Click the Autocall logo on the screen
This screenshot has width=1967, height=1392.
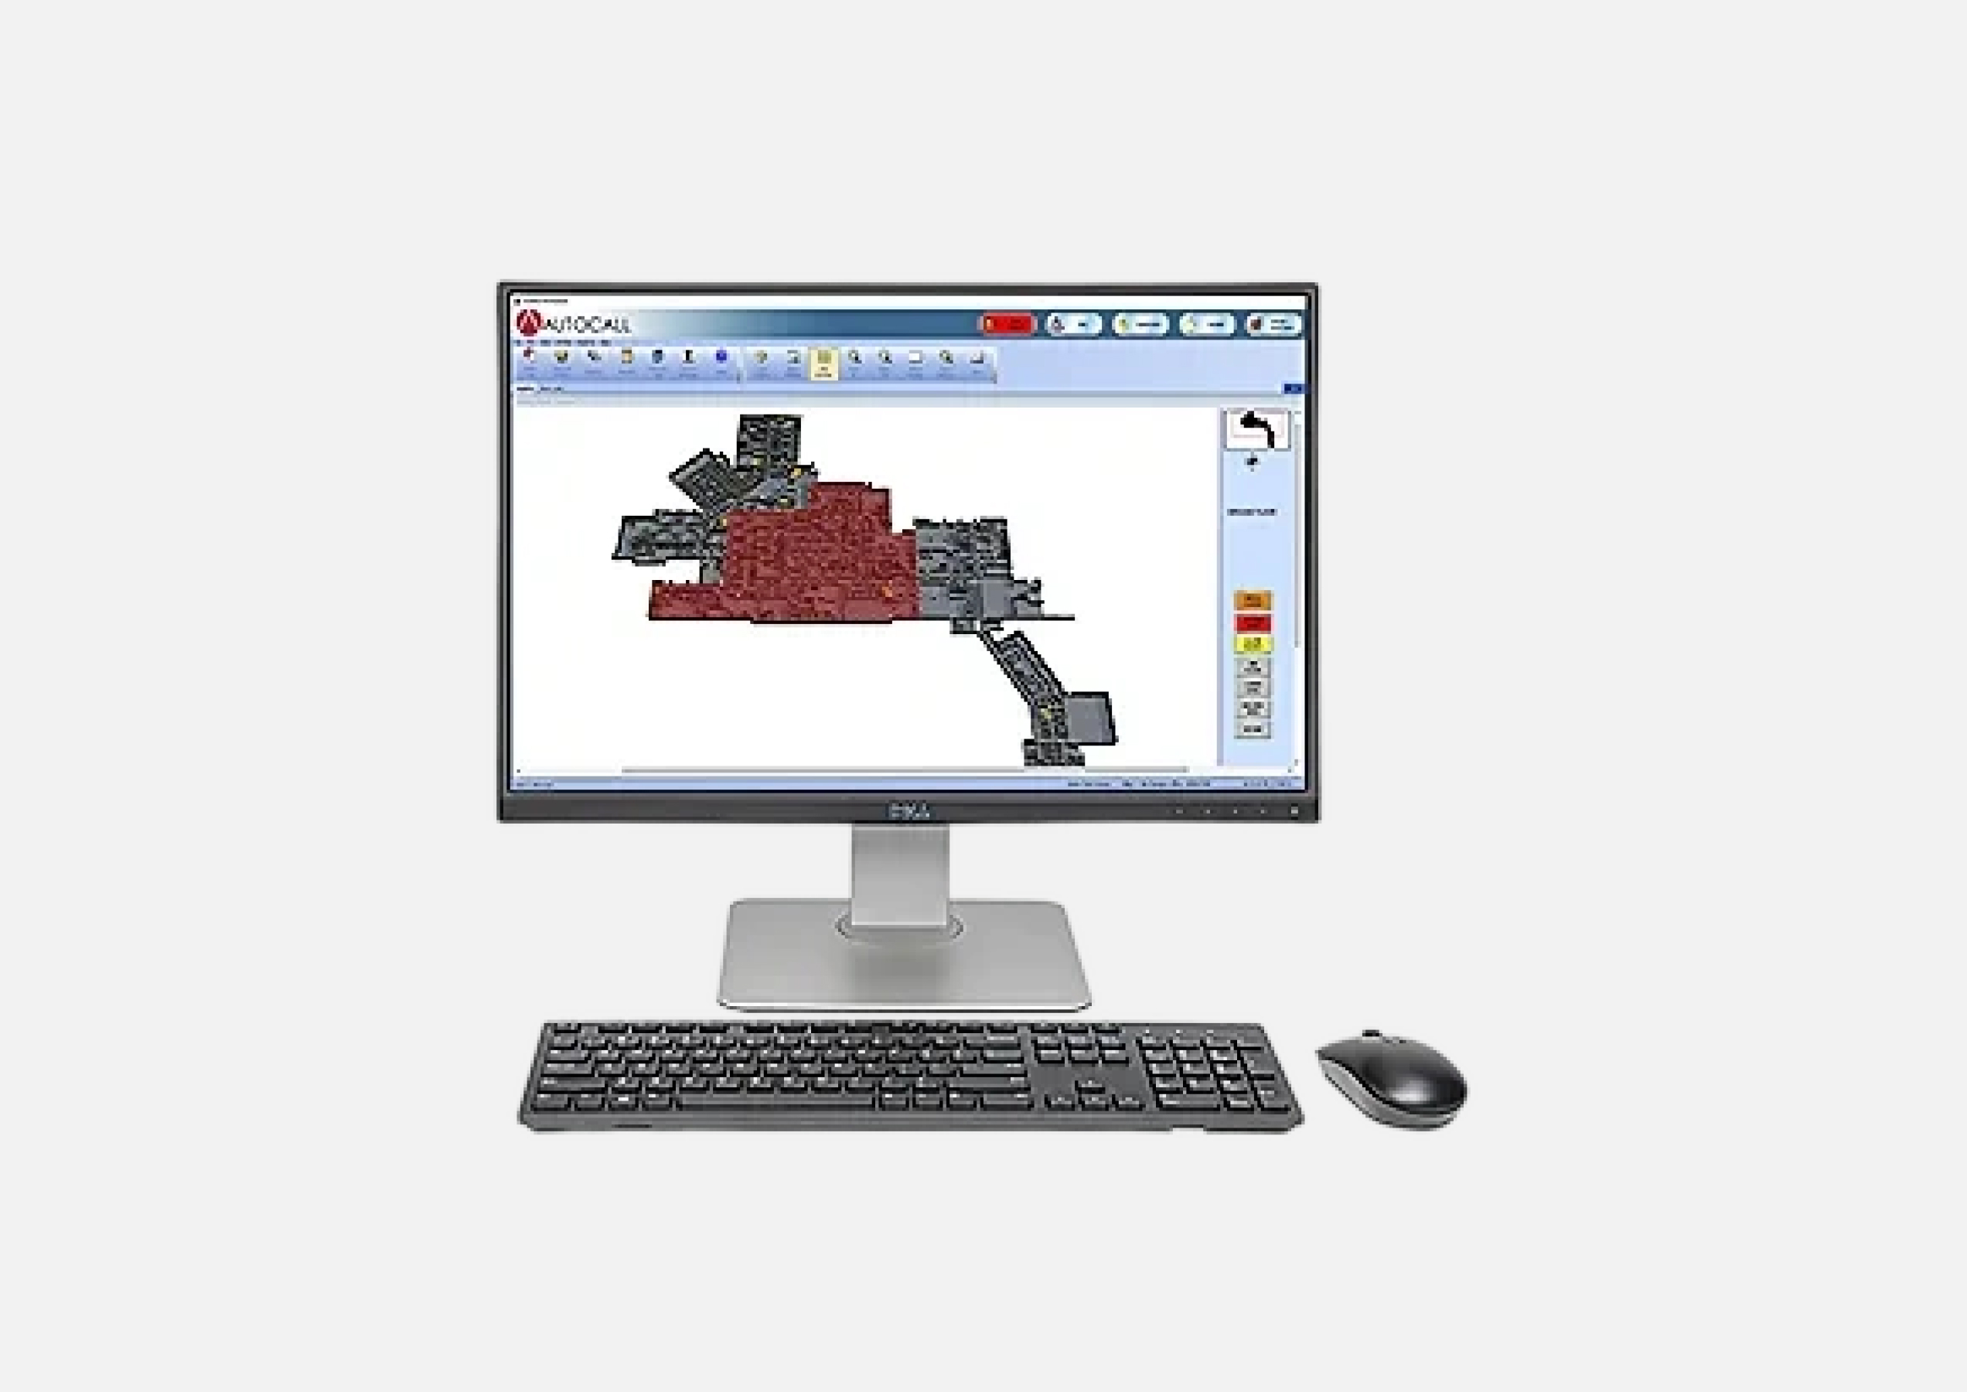(x=572, y=323)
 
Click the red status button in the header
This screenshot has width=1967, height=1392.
(x=1007, y=324)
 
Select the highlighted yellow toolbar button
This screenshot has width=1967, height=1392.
(x=823, y=363)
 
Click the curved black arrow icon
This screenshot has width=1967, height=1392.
(x=1256, y=428)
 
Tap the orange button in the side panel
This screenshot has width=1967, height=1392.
(x=1253, y=600)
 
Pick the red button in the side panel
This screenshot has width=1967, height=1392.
(x=1253, y=623)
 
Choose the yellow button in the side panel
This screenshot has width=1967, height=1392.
(x=1253, y=643)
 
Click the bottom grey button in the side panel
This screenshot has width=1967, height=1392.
(x=1253, y=729)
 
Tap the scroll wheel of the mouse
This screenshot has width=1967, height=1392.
(x=1372, y=1038)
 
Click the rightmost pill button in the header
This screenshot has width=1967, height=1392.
(x=1273, y=324)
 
